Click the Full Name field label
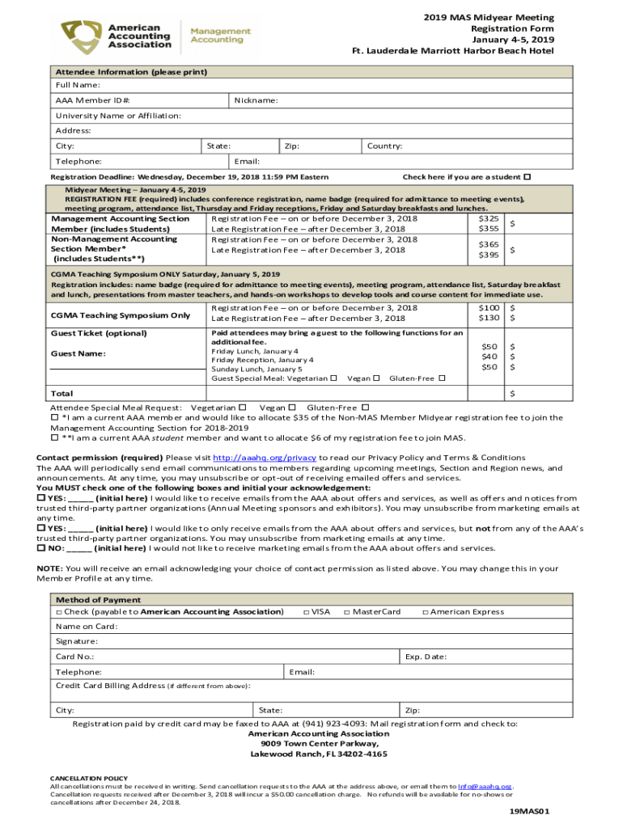(x=78, y=85)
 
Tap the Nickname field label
(x=256, y=100)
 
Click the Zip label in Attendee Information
(x=292, y=146)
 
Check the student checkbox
(x=528, y=176)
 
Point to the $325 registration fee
(x=489, y=218)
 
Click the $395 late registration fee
(x=489, y=256)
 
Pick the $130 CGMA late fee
(x=489, y=318)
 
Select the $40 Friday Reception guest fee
(x=489, y=357)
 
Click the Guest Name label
(x=78, y=353)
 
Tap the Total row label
(x=61, y=394)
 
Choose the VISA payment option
(x=316, y=612)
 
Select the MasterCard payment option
(x=372, y=612)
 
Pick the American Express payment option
(x=463, y=612)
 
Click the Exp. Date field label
(x=426, y=657)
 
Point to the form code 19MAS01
(x=529, y=810)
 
